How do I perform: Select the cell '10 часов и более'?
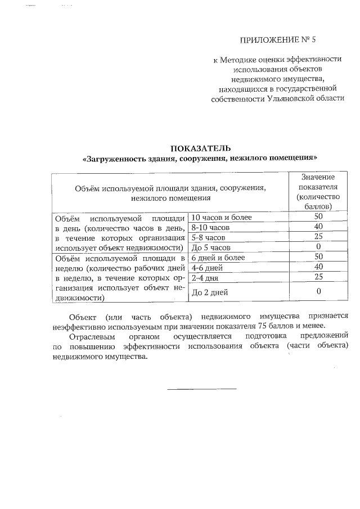tap(222, 217)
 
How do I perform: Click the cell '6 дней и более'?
tap(218, 258)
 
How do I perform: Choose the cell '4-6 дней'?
tap(208, 267)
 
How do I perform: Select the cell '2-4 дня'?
tap(205, 277)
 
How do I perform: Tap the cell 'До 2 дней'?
tap(210, 292)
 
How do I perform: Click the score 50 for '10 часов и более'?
tap(318, 217)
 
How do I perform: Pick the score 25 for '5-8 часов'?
tap(318, 237)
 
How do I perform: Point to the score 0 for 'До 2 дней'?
tap(318, 291)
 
